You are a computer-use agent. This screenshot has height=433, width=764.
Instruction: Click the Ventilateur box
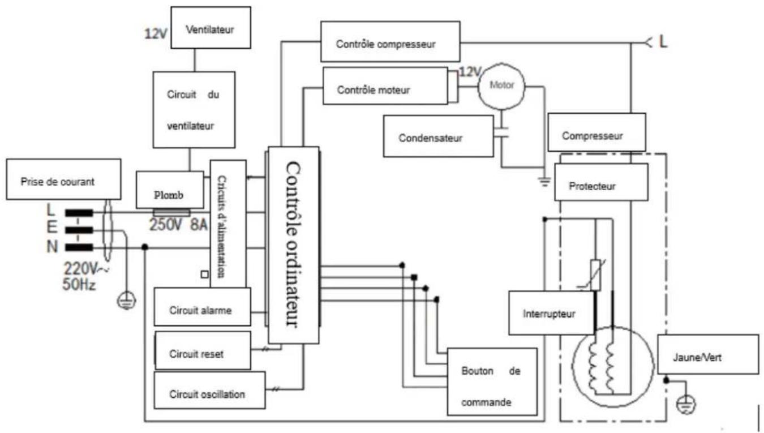(x=211, y=28)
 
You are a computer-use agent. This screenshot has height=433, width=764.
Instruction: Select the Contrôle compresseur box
(x=390, y=42)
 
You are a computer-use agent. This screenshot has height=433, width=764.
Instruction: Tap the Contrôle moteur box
(x=385, y=85)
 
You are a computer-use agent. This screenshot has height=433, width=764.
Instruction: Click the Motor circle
(x=501, y=86)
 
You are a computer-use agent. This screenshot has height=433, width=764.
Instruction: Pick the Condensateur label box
(x=438, y=136)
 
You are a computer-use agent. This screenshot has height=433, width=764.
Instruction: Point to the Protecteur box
(x=601, y=182)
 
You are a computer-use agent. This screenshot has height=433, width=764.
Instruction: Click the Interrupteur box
(x=551, y=313)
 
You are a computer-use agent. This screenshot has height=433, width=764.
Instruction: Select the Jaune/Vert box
(x=708, y=354)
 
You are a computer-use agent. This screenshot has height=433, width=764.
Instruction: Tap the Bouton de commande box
(x=492, y=382)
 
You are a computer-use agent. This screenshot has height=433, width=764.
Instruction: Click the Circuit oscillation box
(x=209, y=391)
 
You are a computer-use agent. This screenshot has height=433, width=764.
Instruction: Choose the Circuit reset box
(x=203, y=350)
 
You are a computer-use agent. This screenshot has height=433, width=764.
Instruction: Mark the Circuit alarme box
(x=202, y=307)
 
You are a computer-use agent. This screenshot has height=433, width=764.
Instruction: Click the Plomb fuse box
(x=170, y=190)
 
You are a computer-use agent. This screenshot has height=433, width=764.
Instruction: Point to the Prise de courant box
(x=63, y=179)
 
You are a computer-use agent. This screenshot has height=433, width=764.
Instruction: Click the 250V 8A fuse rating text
(x=178, y=225)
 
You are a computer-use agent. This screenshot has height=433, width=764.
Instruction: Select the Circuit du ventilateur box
(x=194, y=110)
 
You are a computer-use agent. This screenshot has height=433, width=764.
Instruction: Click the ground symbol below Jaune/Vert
(x=686, y=405)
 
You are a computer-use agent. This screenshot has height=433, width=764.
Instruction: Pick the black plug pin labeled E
(x=79, y=230)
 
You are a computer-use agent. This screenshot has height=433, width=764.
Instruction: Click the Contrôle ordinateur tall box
(x=294, y=245)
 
